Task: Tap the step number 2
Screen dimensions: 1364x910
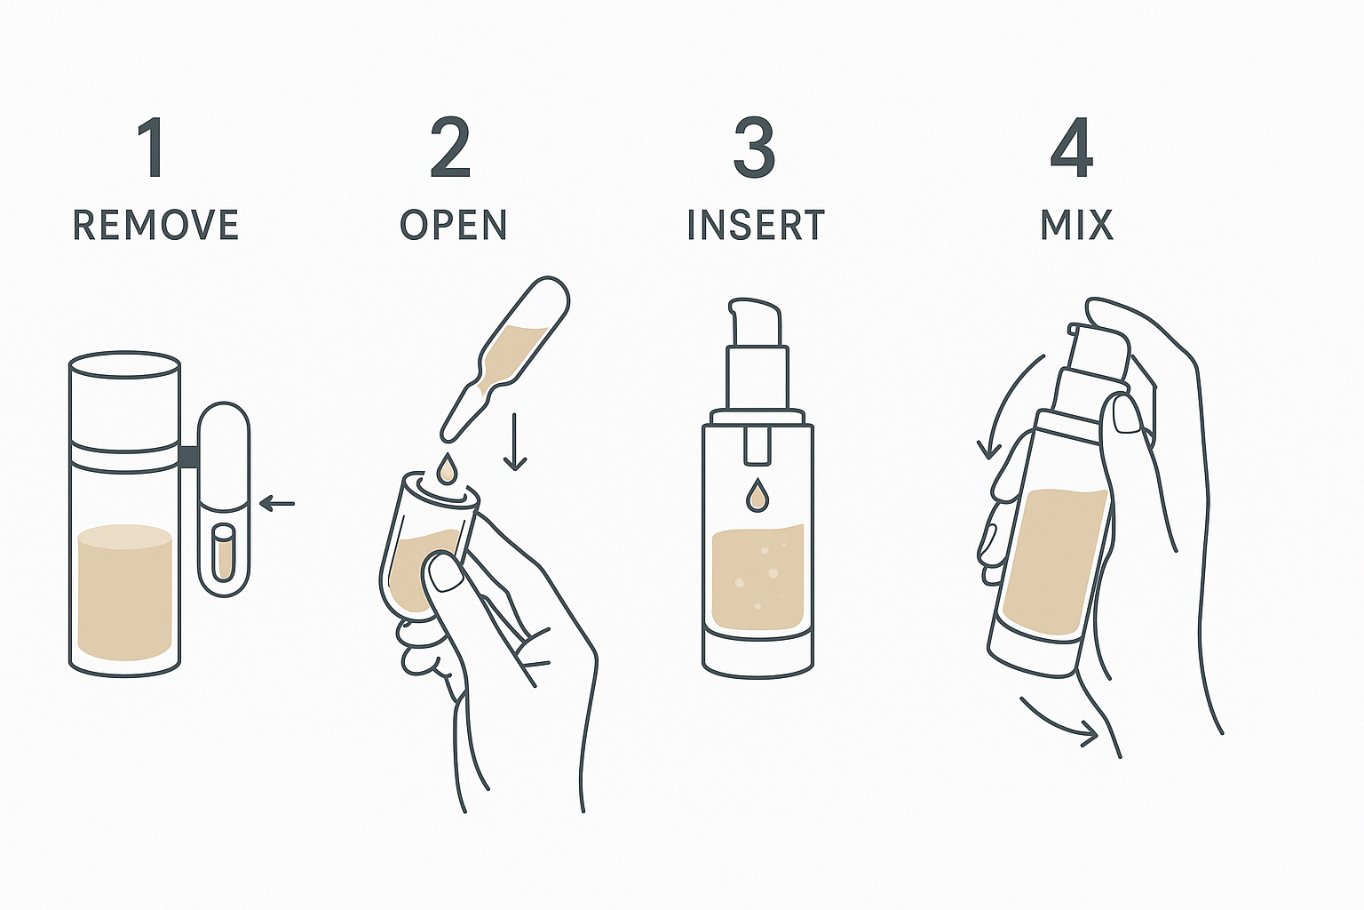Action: pos(450,148)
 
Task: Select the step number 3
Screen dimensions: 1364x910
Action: pos(754,148)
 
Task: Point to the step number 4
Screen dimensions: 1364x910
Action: pos(1072,148)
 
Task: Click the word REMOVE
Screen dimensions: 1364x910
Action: pos(155,225)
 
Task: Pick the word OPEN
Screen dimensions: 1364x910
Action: pos(454,225)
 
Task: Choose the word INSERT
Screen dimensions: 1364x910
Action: pos(756,225)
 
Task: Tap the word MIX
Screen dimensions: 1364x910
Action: pos(1076,225)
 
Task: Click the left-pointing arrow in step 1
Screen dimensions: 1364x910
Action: pos(277,504)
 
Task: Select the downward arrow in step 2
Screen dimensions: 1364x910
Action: pos(515,442)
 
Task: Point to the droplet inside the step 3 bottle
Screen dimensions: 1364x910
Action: pos(757,494)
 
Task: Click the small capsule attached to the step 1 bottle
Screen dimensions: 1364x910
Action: pos(224,499)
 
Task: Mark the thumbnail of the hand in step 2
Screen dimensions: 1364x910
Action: pos(444,573)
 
